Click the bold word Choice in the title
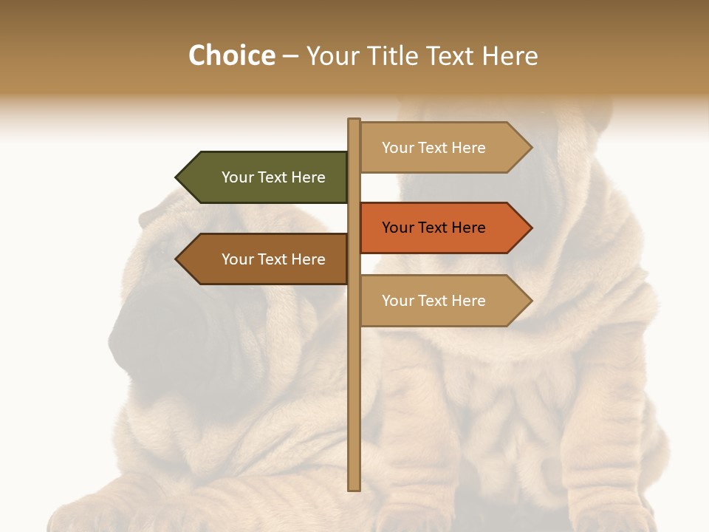click(x=231, y=56)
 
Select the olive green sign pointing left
click(x=266, y=177)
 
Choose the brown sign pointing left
click(x=266, y=259)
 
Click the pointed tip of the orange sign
click(x=530, y=228)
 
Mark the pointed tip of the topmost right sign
click(x=530, y=148)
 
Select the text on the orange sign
click(x=434, y=228)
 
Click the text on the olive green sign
click(x=273, y=177)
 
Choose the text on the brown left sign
click(x=273, y=259)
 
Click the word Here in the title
click(x=510, y=56)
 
